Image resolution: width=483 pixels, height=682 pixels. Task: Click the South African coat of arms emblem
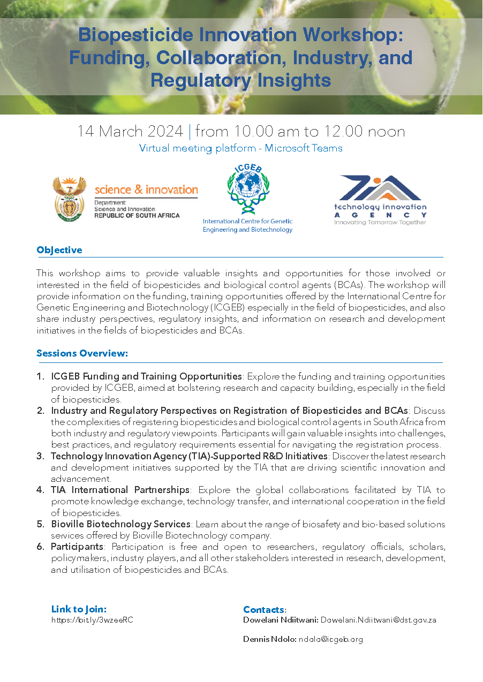(70, 198)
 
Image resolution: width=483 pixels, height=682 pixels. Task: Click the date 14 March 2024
(130, 131)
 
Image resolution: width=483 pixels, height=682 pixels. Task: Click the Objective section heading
(59, 250)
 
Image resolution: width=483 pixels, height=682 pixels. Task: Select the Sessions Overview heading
(82, 353)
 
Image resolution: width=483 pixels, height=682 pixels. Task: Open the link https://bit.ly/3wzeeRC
(92, 620)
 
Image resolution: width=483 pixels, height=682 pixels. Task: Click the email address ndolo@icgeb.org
(331, 639)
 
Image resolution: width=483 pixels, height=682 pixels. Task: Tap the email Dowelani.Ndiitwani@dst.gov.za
(378, 620)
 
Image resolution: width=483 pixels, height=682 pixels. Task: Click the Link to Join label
(79, 609)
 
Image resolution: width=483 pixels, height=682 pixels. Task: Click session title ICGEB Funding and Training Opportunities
(146, 376)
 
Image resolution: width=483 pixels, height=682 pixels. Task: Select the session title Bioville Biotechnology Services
(120, 524)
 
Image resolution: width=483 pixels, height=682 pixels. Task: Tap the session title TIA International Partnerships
(120, 490)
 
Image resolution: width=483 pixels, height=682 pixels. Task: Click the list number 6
(40, 547)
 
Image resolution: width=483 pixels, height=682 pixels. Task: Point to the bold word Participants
(77, 547)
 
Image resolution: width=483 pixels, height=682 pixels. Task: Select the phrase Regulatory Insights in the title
(241, 80)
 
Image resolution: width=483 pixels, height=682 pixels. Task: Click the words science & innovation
(146, 190)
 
